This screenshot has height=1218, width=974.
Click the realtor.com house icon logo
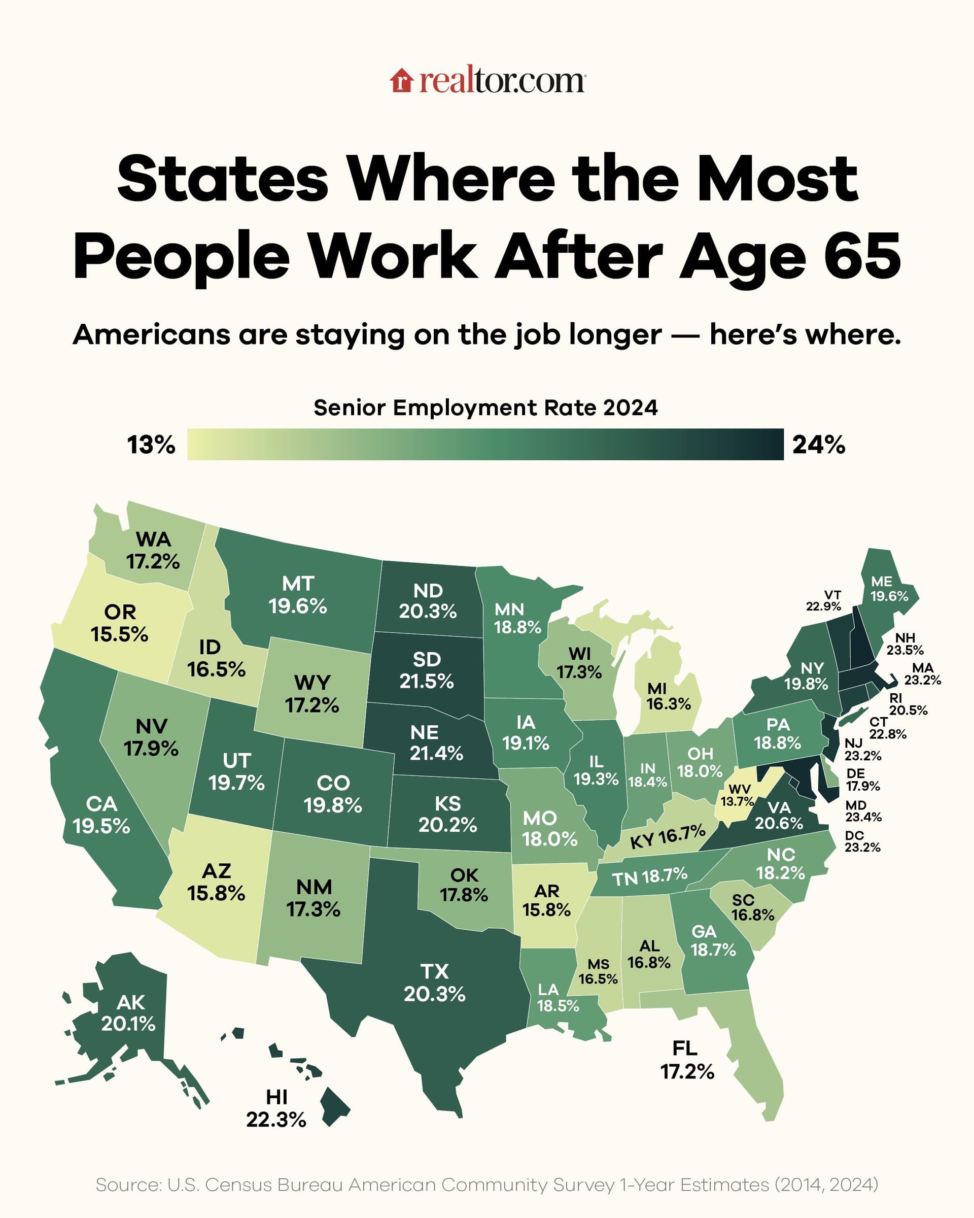click(401, 80)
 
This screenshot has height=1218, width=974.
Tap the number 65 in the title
click(862, 258)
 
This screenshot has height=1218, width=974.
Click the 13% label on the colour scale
click(151, 445)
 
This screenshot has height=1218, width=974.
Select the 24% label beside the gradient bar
click(819, 445)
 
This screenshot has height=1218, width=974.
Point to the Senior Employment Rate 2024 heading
click(485, 408)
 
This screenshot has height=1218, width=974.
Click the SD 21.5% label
click(426, 670)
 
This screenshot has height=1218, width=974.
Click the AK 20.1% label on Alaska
click(129, 1012)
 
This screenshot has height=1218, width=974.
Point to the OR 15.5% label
click(120, 623)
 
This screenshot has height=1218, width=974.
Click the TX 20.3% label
click(434, 983)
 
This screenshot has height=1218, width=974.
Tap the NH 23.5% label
click(905, 644)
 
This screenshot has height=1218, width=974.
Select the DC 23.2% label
click(862, 841)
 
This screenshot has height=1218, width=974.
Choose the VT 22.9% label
click(824, 600)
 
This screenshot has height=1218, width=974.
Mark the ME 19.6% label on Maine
click(889, 589)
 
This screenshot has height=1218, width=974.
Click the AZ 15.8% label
click(216, 882)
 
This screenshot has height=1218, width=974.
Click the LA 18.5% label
click(558, 997)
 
